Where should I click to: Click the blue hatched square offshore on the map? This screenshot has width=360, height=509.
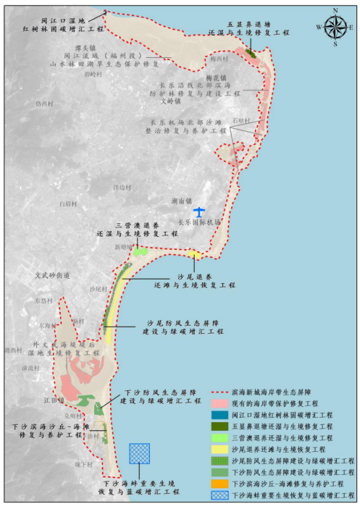tap(139, 453)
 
